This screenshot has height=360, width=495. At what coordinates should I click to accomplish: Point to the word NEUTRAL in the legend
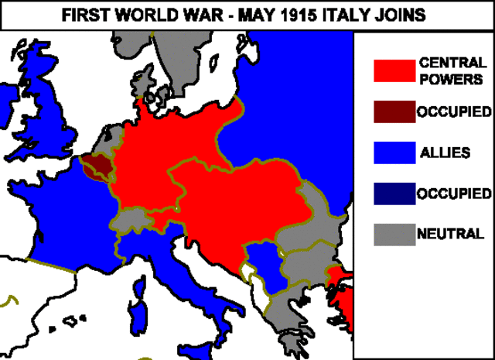(450, 233)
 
